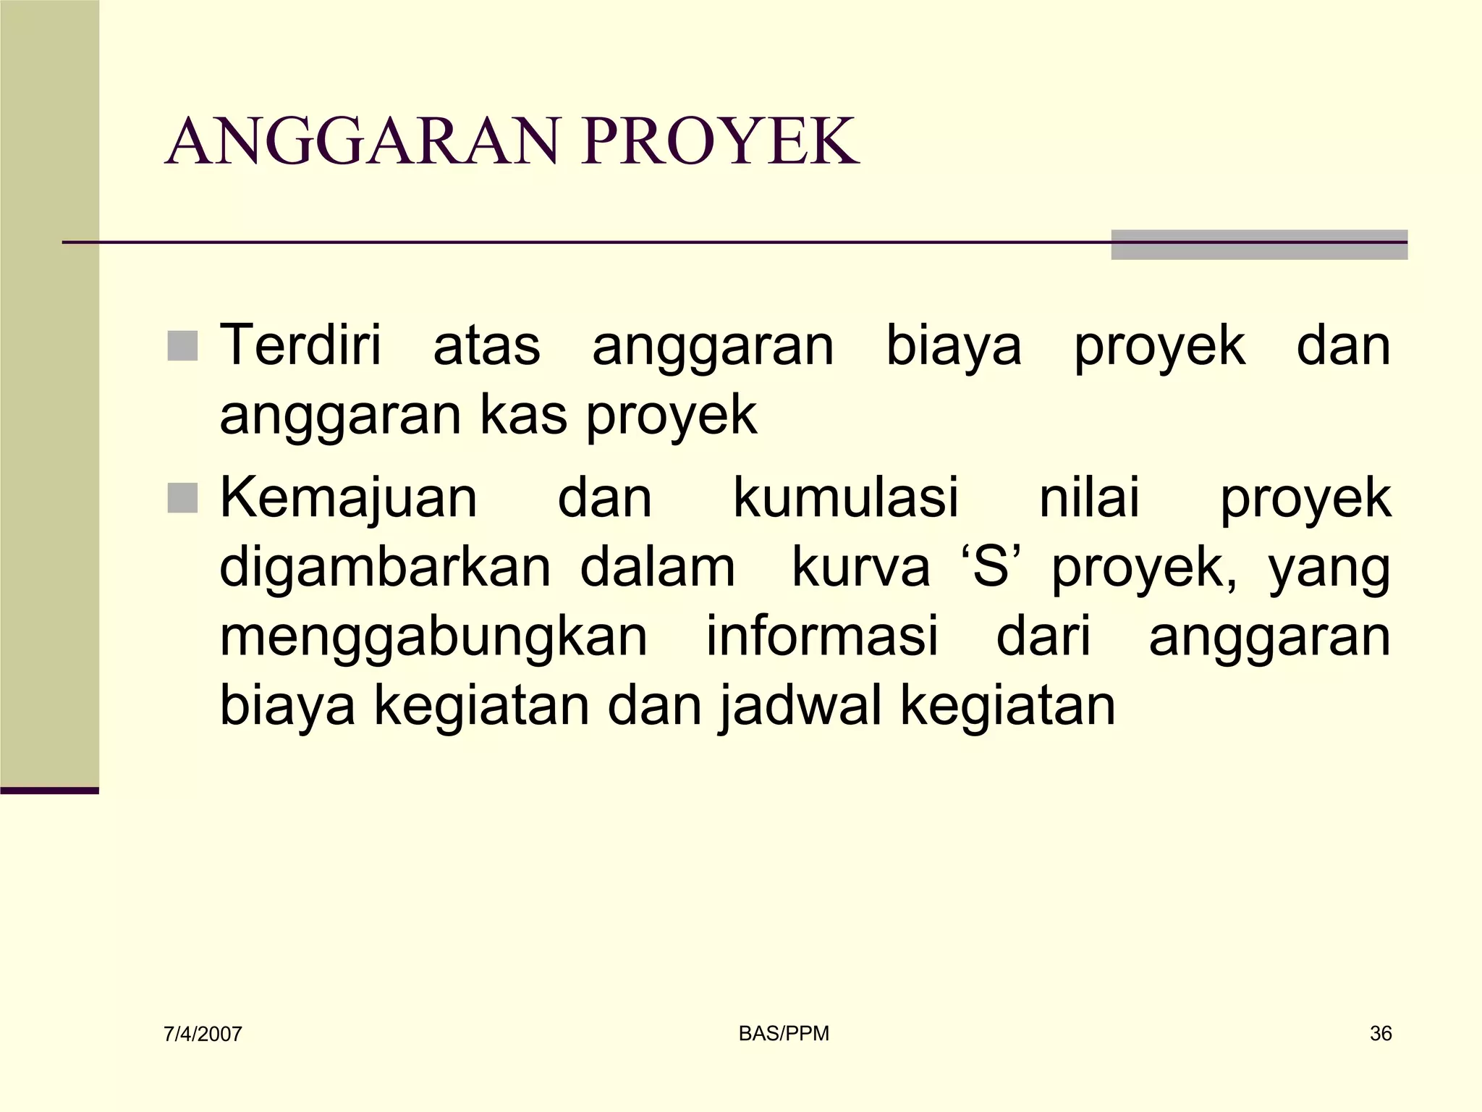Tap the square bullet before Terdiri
(182, 345)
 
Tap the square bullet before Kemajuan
(182, 498)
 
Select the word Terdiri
(300, 345)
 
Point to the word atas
(486, 347)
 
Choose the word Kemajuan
(348, 498)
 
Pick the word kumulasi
(846, 498)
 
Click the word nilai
(1089, 498)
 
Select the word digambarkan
(385, 568)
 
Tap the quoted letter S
(991, 568)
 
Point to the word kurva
(860, 568)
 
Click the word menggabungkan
(433, 637)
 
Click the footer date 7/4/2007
(203, 1035)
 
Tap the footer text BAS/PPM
(784, 1034)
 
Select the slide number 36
(1381, 1034)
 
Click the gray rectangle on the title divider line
(1258, 245)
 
